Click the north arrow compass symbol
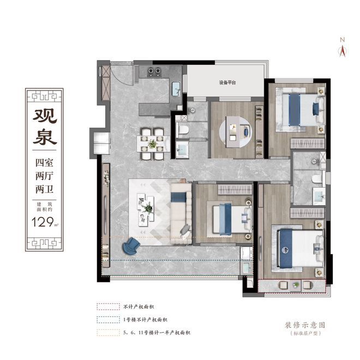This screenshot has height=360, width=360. pos(343,48)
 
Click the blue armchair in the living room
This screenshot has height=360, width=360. pos(130,247)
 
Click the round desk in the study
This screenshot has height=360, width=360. pos(236,131)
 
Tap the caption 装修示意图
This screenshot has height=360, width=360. pos(309,324)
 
